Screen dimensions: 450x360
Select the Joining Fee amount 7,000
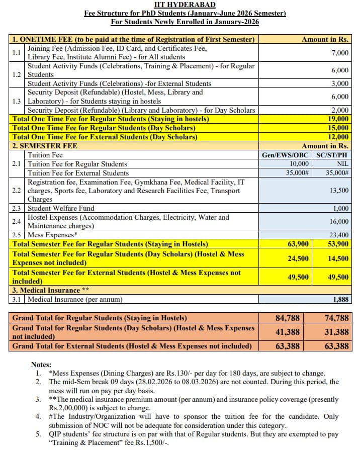pyautogui.click(x=340, y=53)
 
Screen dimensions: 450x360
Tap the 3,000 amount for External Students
pyautogui.click(x=340, y=83)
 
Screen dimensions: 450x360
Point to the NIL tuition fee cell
pyautogui.click(x=342, y=164)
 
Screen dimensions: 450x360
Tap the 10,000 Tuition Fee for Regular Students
pyautogui.click(x=299, y=164)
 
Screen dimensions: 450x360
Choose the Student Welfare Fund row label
pyautogui.click(x=61, y=208)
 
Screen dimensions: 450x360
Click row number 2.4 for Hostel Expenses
pyautogui.click(x=17, y=222)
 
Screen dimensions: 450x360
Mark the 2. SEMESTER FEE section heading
pyautogui.click(x=45, y=146)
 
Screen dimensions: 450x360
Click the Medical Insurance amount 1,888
pyautogui.click(x=340, y=300)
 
